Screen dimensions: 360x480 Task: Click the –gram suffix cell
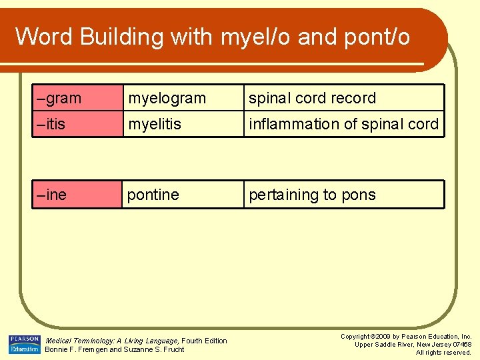77,98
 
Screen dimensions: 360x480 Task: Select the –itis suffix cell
77,124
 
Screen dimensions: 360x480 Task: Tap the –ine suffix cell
77,195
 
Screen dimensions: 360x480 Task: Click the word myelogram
167,99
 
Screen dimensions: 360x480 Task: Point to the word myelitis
155,124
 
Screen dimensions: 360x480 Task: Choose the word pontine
153,195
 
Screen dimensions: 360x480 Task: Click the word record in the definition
349,98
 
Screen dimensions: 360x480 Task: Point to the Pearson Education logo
24,345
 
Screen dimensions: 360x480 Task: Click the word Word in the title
44,37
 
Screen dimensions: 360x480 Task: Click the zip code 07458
461,345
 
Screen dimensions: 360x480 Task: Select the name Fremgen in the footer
93,349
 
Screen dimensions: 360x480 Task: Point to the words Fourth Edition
205,341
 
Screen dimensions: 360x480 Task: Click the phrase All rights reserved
443,353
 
